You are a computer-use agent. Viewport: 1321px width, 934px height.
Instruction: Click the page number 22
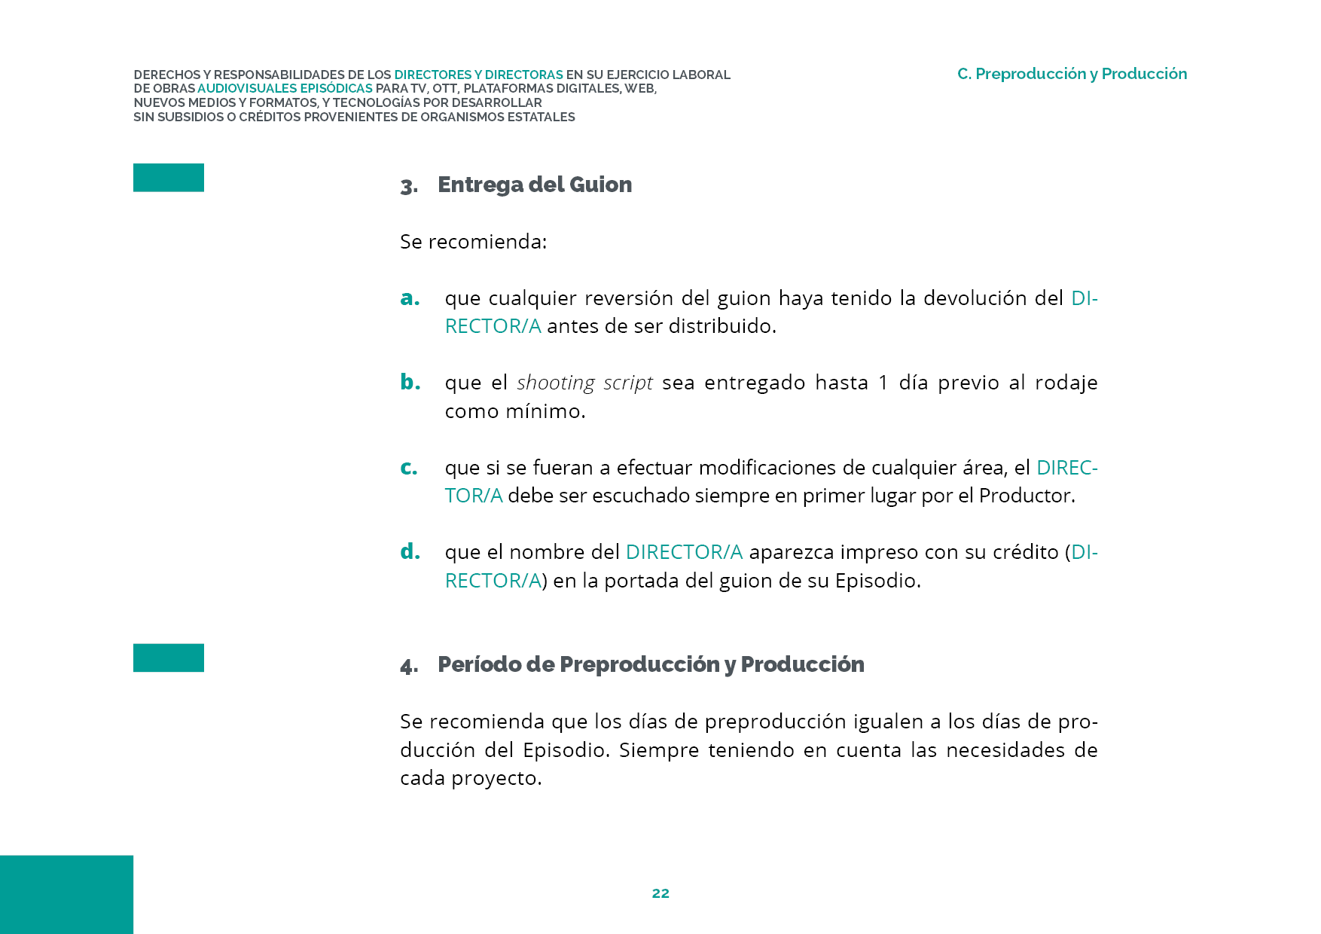click(660, 893)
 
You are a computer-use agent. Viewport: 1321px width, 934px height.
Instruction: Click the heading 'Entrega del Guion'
click(535, 185)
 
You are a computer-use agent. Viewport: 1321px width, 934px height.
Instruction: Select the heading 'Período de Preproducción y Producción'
click(651, 664)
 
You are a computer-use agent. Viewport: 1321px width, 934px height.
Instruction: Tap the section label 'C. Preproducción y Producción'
click(1072, 74)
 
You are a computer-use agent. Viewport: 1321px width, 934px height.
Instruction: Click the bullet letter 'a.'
click(410, 298)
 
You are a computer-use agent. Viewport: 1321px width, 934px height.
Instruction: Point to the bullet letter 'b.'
click(410, 383)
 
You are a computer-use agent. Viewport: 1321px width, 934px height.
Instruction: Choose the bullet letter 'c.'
click(409, 468)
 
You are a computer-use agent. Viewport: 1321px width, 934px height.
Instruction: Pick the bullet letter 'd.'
click(410, 552)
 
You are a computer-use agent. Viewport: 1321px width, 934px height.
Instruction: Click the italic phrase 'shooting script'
click(584, 383)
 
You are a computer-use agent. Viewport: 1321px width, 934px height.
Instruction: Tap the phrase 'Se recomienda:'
click(473, 242)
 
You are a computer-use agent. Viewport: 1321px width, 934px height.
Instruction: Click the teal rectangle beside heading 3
click(169, 178)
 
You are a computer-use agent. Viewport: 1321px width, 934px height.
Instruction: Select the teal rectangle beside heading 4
click(169, 658)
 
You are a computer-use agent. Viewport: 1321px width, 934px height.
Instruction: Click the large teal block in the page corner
click(66, 894)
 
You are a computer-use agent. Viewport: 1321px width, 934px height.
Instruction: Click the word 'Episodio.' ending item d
click(878, 581)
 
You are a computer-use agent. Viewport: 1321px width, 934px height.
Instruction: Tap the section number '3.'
click(409, 186)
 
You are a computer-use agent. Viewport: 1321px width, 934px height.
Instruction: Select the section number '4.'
click(409, 666)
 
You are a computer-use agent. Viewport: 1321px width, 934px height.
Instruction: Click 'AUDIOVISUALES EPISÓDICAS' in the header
click(285, 89)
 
